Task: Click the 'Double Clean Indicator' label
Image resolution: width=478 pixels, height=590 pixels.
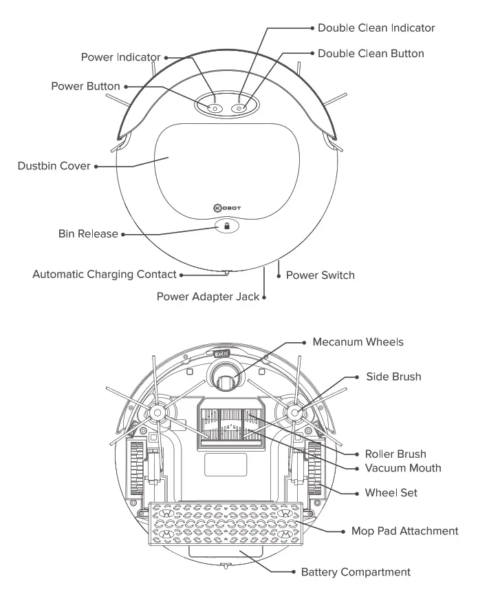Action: point(376,28)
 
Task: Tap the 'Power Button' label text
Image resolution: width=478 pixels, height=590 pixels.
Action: point(85,87)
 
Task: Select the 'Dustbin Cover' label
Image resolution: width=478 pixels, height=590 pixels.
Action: point(54,166)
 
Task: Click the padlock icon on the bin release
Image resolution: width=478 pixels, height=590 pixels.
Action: point(227,226)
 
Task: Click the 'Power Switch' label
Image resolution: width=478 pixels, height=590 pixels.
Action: point(321,275)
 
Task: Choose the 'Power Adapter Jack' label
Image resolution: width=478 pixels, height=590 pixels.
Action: point(208,297)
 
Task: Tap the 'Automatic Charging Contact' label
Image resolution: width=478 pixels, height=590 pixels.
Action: point(105,275)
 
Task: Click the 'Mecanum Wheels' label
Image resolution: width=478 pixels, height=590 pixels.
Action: point(358,342)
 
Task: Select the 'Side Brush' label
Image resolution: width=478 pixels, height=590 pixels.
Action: point(393,377)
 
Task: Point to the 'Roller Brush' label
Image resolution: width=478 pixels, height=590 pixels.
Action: point(395,454)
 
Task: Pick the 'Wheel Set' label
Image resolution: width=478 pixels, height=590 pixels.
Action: point(391,493)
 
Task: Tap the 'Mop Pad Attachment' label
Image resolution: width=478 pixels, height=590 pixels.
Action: point(404,531)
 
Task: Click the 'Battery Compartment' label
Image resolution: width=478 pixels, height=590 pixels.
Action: point(356,572)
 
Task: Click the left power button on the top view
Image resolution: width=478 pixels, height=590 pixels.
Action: point(213,108)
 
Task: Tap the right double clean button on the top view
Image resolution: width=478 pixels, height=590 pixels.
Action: point(239,108)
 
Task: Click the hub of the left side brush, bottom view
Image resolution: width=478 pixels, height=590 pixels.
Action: point(156,412)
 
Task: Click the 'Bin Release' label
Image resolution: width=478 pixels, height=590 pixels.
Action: point(88,234)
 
